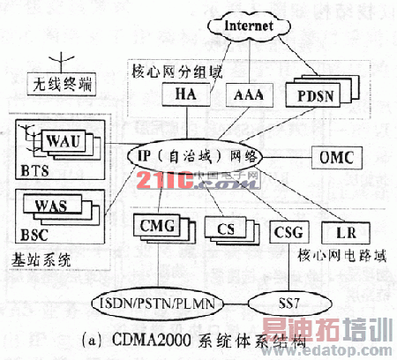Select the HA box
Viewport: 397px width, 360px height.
[x=185, y=94]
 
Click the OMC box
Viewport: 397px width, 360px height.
[x=336, y=156]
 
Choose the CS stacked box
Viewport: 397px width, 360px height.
[x=225, y=230]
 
